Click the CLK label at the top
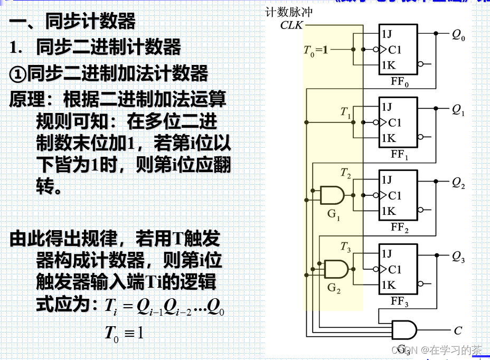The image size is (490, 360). (291, 25)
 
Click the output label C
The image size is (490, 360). (458, 331)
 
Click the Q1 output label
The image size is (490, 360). (458, 110)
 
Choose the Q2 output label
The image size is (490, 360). (458, 184)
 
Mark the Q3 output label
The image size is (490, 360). (458, 258)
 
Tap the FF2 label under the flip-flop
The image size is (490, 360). (399, 229)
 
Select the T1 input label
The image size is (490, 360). (346, 112)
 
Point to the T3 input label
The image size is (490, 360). (346, 247)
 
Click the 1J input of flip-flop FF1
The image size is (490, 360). (387, 107)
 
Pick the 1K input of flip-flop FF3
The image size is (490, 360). (388, 286)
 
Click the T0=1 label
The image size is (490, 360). (316, 51)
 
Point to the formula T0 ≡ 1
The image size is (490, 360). (124, 333)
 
